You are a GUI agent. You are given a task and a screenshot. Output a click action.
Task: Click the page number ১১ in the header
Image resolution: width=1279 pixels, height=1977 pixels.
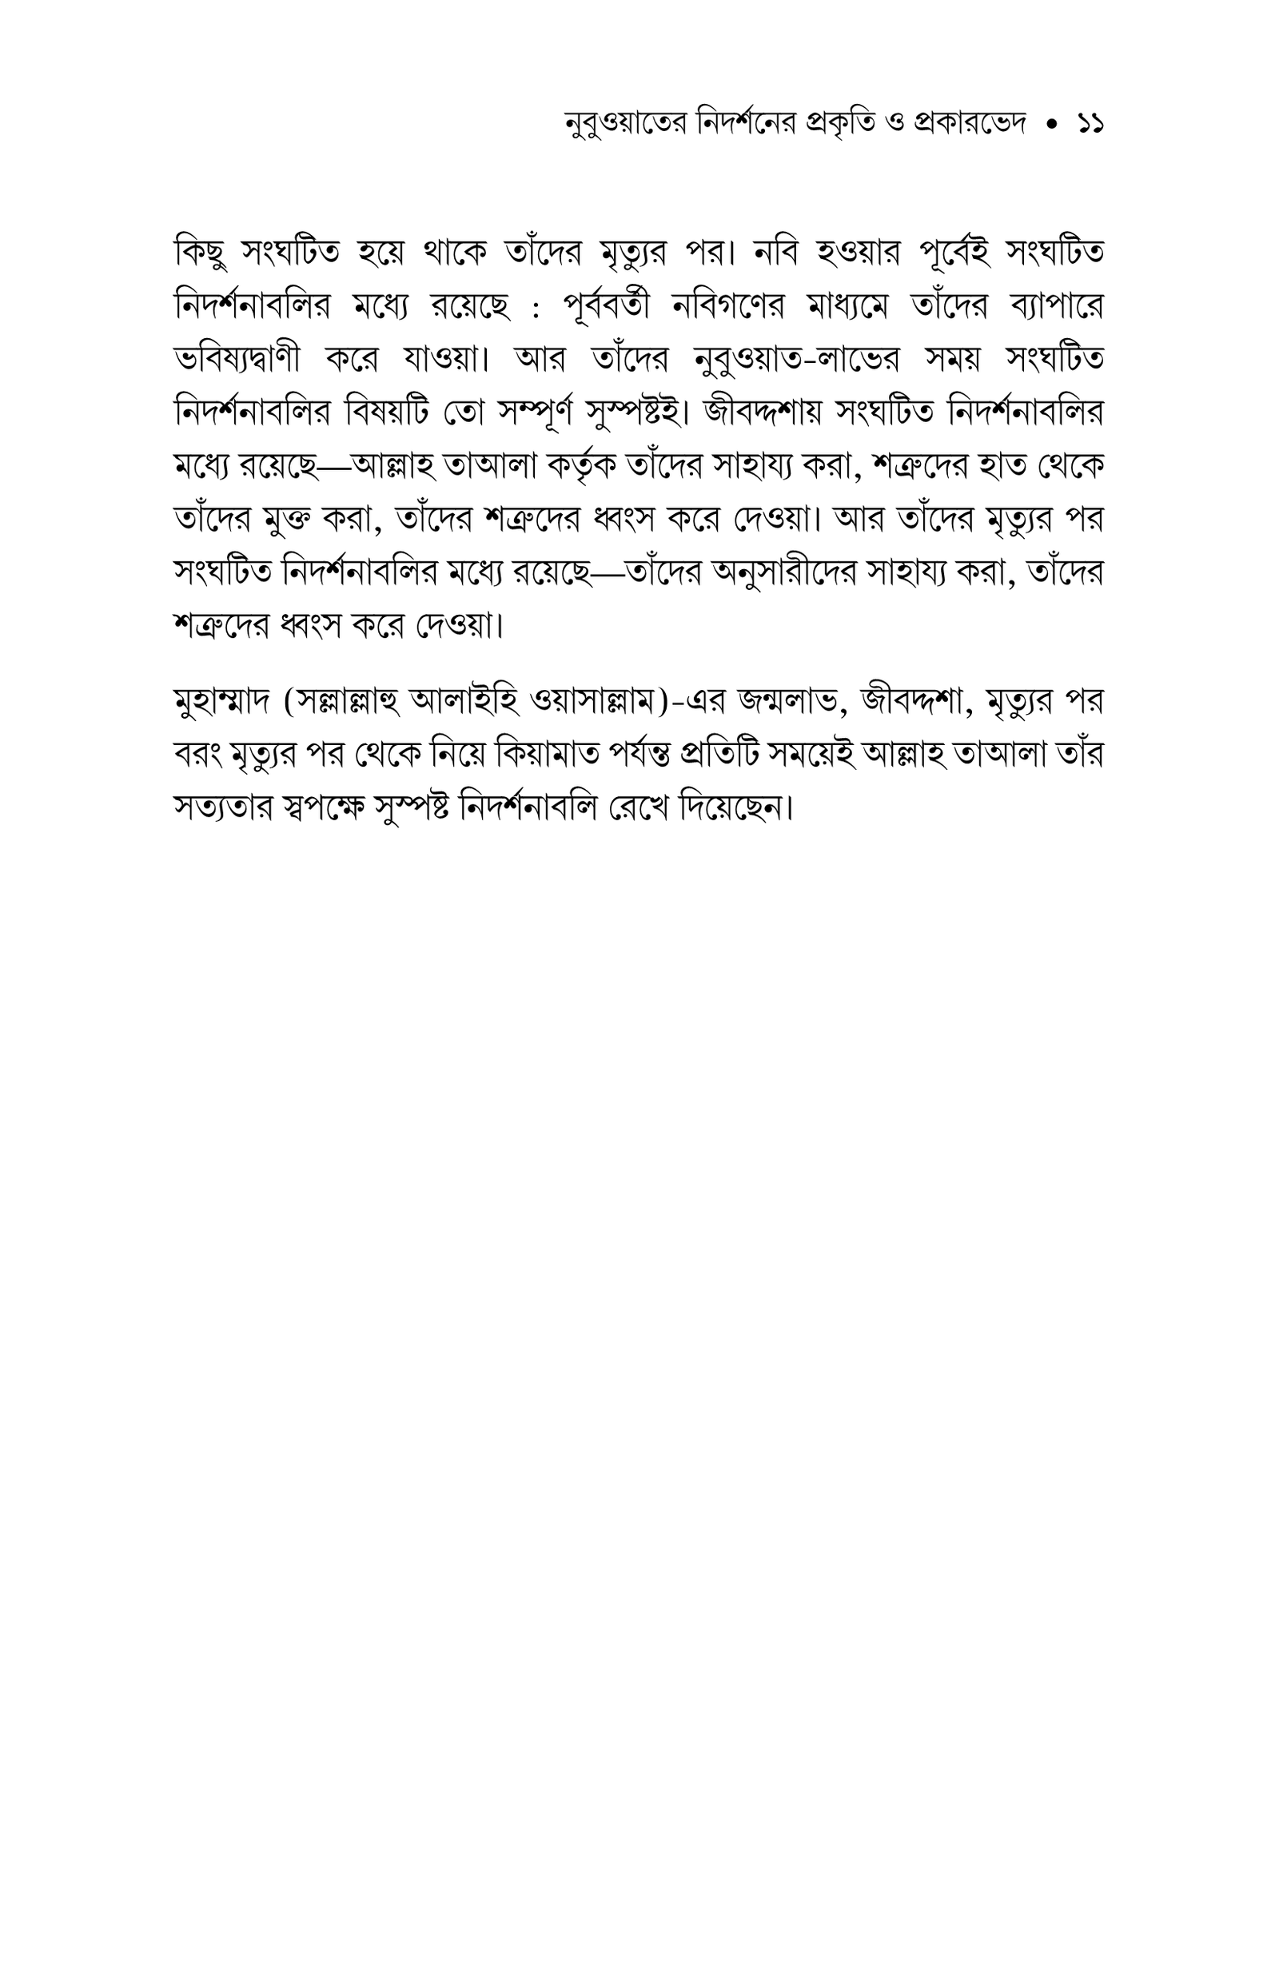pos(1090,126)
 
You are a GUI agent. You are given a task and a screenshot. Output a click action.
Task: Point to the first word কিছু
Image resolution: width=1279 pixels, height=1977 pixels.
pos(198,252)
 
